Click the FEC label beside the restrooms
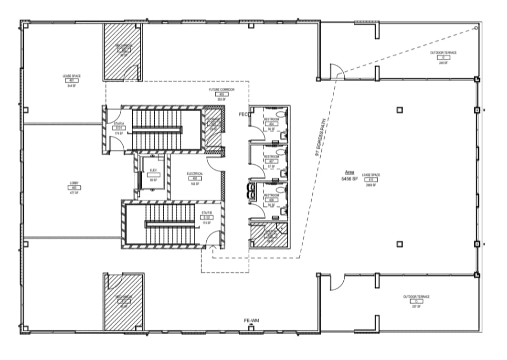[x=243, y=114]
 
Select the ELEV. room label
[x=153, y=170]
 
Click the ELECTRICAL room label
[x=195, y=174]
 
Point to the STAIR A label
[x=118, y=123]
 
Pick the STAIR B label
[x=206, y=212]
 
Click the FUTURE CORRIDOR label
[x=222, y=90]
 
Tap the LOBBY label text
[x=74, y=183]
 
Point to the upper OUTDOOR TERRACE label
[x=443, y=53]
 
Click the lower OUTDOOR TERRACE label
[x=416, y=297]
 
